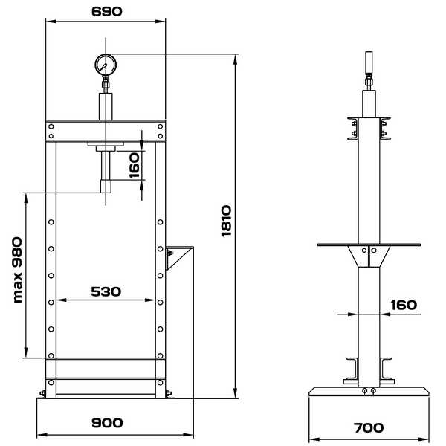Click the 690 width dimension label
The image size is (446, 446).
(x=106, y=11)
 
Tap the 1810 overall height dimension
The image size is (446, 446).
(x=227, y=221)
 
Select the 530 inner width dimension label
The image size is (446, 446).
(x=106, y=291)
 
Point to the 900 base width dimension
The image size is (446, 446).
(x=107, y=423)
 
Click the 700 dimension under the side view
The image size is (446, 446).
(x=369, y=428)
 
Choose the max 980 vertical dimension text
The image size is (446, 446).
(x=17, y=270)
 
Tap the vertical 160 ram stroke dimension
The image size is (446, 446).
(x=135, y=166)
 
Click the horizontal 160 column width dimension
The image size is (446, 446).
(x=404, y=306)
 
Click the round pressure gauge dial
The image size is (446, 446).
(x=106, y=65)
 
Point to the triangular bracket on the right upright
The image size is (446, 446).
(x=179, y=258)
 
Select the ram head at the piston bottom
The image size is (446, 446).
(x=106, y=186)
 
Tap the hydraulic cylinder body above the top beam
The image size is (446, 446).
(x=106, y=106)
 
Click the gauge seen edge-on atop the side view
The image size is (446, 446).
(x=369, y=62)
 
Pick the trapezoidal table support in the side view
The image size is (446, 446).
(x=369, y=256)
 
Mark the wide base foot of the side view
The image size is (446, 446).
(x=369, y=391)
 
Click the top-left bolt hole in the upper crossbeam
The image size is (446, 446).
(x=51, y=126)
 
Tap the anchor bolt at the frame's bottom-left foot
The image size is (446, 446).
(x=42, y=393)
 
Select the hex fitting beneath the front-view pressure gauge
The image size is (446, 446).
(x=106, y=85)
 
